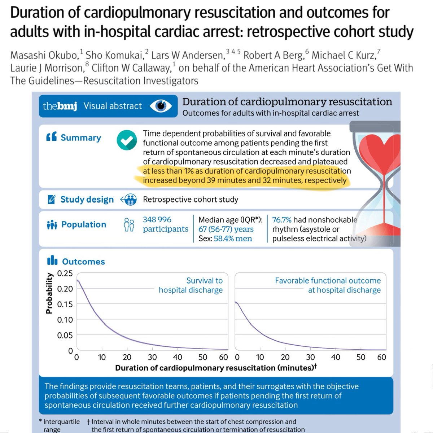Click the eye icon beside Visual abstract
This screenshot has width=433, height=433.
coord(161,106)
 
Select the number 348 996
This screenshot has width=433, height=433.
coord(157,219)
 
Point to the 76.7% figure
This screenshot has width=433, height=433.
coord(281,220)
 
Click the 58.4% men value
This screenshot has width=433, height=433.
coord(233,239)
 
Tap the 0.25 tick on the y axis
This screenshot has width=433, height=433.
coord(65,273)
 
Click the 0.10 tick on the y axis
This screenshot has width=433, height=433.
coord(65,320)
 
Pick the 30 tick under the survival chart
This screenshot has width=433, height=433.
coord(152,357)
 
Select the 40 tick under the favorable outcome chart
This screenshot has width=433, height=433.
coord(336,357)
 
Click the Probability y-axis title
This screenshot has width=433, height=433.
coord(49,293)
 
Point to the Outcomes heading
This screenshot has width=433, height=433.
coord(83,262)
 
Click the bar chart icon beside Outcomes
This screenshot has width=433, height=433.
coord(52,261)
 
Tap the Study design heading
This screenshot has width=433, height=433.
coord(87,200)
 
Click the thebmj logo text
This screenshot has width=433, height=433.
coord(60,106)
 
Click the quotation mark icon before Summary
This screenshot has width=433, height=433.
coord(51,137)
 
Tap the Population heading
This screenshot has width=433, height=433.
coord(84,224)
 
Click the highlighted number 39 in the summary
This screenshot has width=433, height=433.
coord(211,180)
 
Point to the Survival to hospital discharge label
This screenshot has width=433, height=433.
coord(191,285)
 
